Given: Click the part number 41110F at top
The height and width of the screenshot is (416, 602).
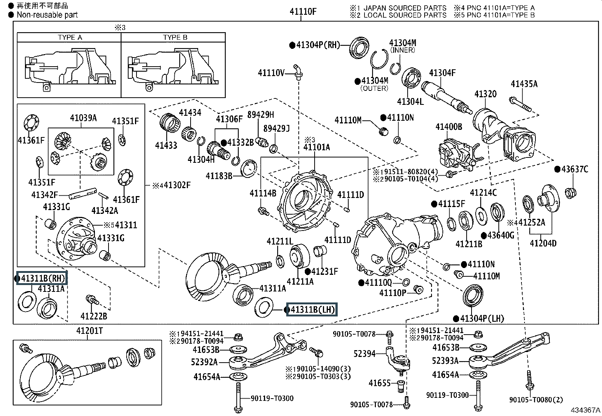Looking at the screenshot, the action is click(x=303, y=11).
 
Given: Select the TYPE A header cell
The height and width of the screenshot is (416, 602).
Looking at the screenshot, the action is click(x=69, y=37).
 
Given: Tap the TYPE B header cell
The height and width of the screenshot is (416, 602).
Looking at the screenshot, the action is click(x=173, y=37).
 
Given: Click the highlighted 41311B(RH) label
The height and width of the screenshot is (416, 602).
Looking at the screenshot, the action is click(x=42, y=278).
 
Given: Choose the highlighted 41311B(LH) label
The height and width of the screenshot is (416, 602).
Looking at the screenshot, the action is click(x=312, y=309).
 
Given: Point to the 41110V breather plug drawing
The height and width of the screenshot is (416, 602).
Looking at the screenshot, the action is click(x=298, y=72).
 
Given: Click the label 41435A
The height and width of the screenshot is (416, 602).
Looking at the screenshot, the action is click(x=524, y=84).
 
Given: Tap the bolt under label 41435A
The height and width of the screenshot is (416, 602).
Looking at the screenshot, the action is click(x=520, y=104).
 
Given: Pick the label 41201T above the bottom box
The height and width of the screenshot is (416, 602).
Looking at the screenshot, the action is click(x=90, y=330).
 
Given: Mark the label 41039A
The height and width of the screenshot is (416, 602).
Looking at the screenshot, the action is click(x=83, y=118).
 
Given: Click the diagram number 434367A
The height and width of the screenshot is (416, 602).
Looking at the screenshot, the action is click(x=585, y=410).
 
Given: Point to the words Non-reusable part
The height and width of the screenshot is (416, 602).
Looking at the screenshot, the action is click(x=47, y=15).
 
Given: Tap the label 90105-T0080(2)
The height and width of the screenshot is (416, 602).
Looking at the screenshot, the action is click(x=536, y=400).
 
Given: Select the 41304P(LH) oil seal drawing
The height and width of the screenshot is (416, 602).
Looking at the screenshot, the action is click(x=473, y=295).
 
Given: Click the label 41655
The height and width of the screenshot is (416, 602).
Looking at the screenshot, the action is click(x=379, y=383).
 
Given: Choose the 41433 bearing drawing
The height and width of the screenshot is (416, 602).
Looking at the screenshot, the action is click(x=170, y=123).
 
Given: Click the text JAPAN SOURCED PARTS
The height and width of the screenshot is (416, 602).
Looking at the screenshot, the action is click(x=405, y=8).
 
